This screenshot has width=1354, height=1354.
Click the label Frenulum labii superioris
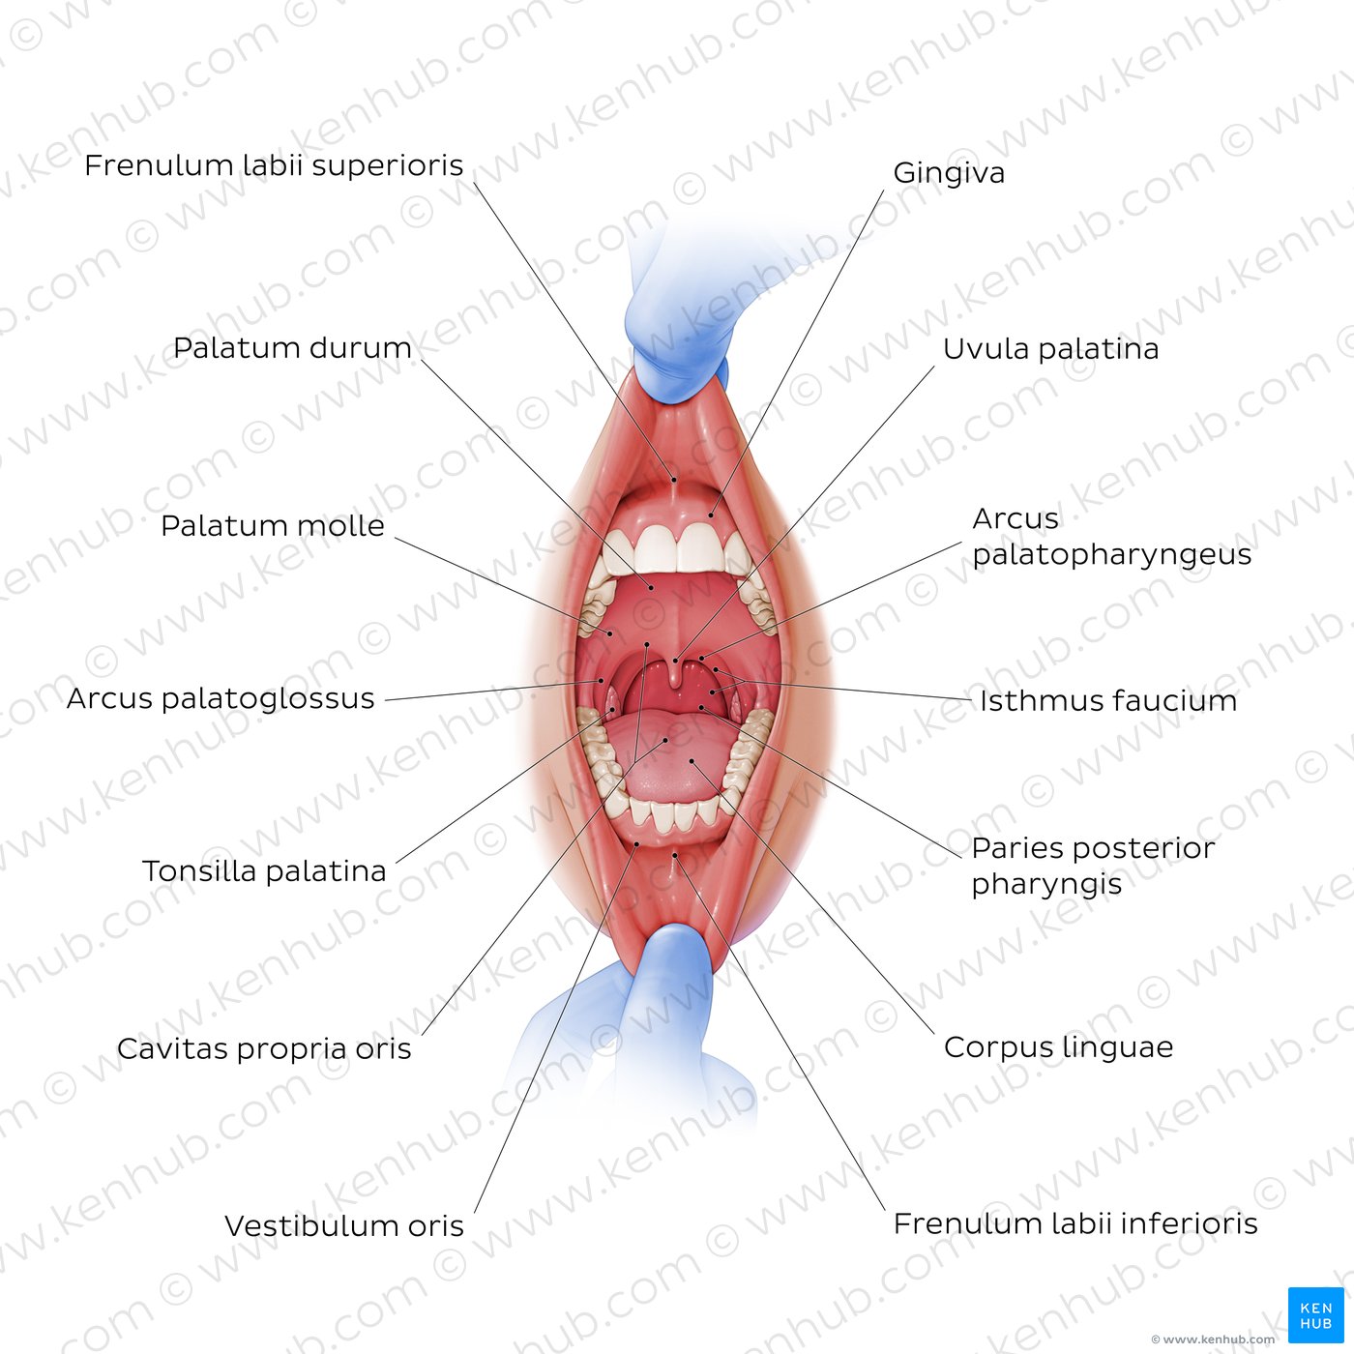274,165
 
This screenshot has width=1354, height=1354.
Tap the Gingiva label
949,173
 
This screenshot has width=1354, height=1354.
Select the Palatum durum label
292,348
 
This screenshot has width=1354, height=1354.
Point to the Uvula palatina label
1050,349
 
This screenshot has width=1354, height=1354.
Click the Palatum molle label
273,525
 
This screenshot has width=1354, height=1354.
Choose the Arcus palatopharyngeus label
1111,537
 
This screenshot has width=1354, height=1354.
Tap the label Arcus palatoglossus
221,699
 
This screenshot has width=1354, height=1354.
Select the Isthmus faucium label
1108,701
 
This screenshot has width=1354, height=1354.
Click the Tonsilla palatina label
264,871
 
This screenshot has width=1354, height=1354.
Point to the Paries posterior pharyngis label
1093,866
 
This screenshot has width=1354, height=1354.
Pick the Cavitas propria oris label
263,1049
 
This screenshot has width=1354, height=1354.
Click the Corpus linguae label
1058,1047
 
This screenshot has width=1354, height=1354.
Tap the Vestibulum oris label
343,1226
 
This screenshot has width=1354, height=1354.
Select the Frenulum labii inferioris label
1075,1224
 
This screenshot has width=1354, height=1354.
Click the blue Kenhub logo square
1315,1314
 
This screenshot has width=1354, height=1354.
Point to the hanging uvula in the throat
676,672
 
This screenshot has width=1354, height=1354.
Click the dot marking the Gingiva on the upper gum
711,515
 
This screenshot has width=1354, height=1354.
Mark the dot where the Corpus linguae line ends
692,760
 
